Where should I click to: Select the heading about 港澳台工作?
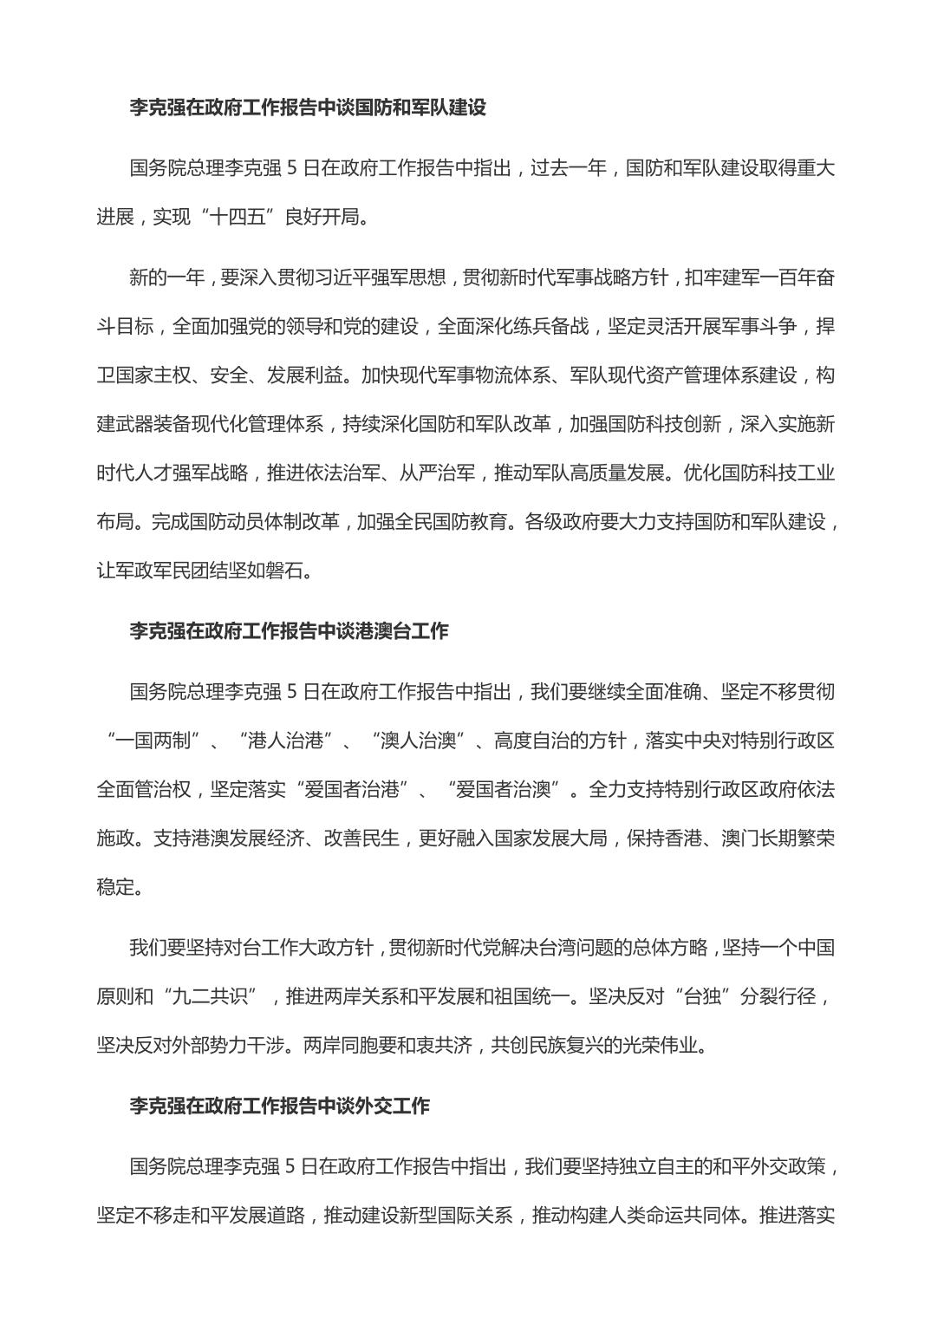[289, 630]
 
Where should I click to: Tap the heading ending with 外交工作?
[279, 1106]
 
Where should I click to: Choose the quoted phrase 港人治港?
[285, 741]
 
